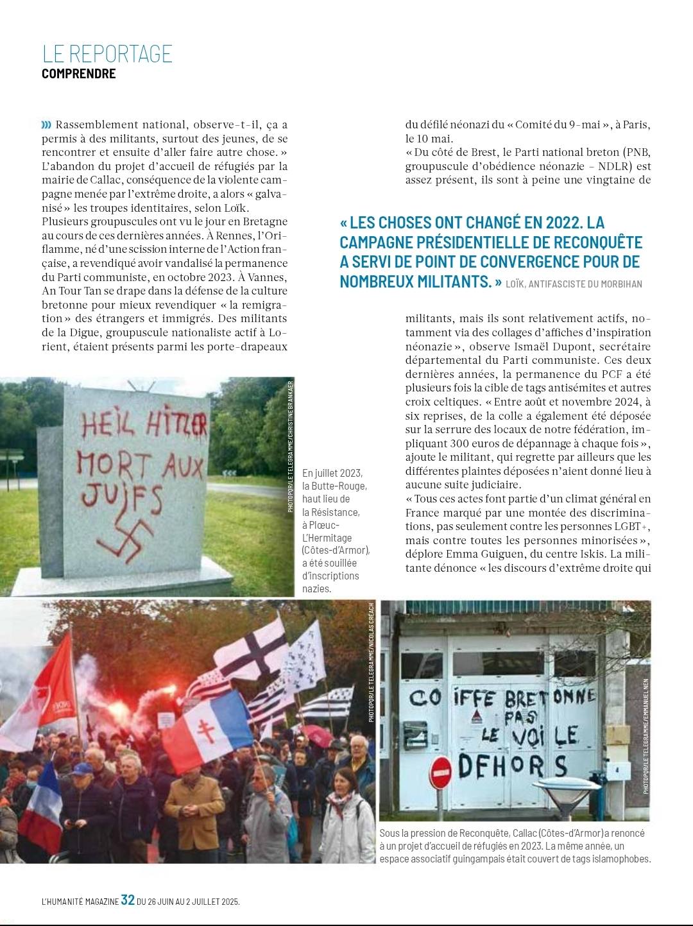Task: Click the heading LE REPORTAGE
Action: [107, 53]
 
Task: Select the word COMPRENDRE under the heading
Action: [78, 74]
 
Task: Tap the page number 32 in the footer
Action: [128, 900]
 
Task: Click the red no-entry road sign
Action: [441, 772]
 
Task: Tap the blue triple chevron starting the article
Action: [46, 124]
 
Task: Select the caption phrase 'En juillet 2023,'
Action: [332, 473]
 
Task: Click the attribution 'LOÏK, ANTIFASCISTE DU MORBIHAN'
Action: [574, 284]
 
